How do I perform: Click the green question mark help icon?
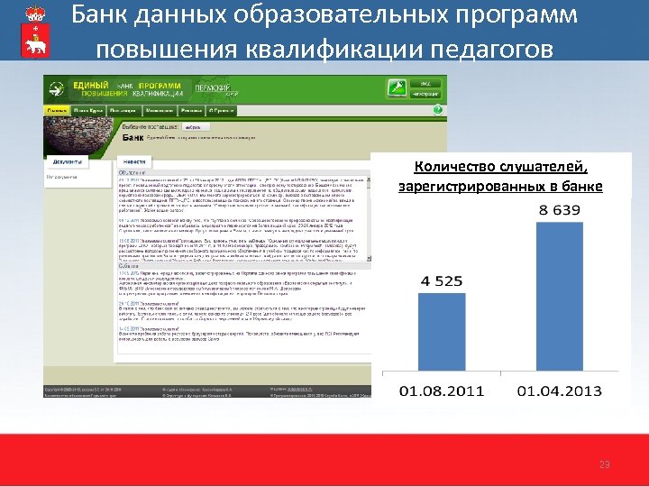[x=436, y=110]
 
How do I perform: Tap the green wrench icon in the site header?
[x=395, y=87]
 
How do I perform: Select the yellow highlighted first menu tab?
[x=58, y=110]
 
